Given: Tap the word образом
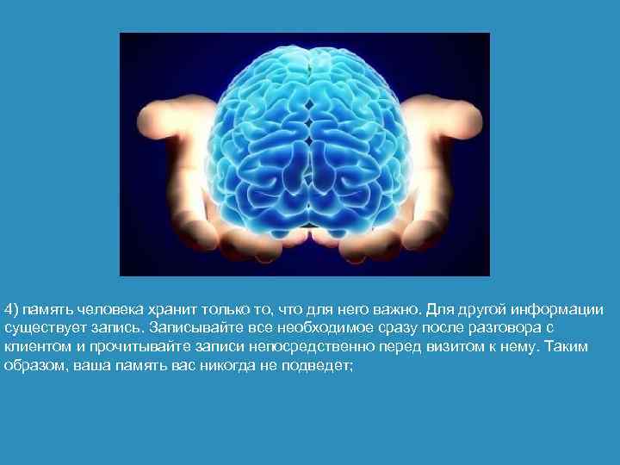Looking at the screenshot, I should tap(33, 366).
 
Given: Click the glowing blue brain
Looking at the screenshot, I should tap(305, 138).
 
